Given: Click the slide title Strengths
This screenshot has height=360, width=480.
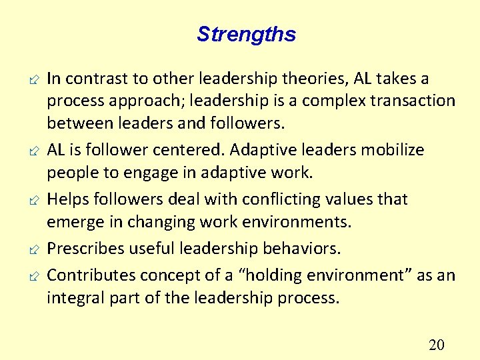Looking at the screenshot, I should pos(246,34).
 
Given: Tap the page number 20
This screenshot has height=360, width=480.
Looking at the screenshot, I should pos(437,345).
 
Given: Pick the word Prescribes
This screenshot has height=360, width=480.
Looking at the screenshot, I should pos(84,249).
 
